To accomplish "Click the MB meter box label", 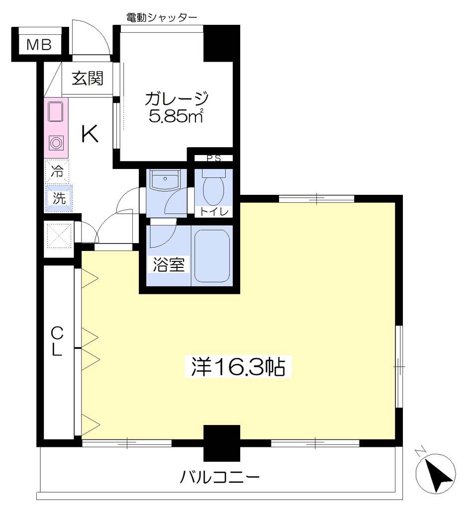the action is pyautogui.click(x=39, y=45).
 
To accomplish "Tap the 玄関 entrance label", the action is pyautogui.click(x=88, y=78).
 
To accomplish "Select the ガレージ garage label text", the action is pyautogui.click(x=176, y=98).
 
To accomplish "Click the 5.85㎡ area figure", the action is pyautogui.click(x=176, y=115).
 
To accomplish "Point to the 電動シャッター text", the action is pyautogui.click(x=162, y=17).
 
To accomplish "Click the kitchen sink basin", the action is pyautogui.click(x=56, y=111).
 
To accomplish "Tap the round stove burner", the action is pyautogui.click(x=56, y=143).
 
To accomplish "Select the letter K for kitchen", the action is pyautogui.click(x=90, y=134).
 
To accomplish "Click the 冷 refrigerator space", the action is pyautogui.click(x=57, y=171).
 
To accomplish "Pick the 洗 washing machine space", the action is pyautogui.click(x=59, y=198).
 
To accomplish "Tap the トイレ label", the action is pyautogui.click(x=214, y=212).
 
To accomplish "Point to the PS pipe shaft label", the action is pyautogui.click(x=214, y=159).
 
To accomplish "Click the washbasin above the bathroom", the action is pyautogui.click(x=166, y=179).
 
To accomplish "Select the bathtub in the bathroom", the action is pyautogui.click(x=212, y=256).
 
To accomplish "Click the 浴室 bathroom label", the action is pyautogui.click(x=169, y=264).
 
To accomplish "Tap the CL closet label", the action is pyautogui.click(x=57, y=341).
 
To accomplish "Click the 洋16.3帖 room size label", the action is pyautogui.click(x=238, y=366).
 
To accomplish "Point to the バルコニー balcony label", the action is pyautogui.click(x=220, y=477).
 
